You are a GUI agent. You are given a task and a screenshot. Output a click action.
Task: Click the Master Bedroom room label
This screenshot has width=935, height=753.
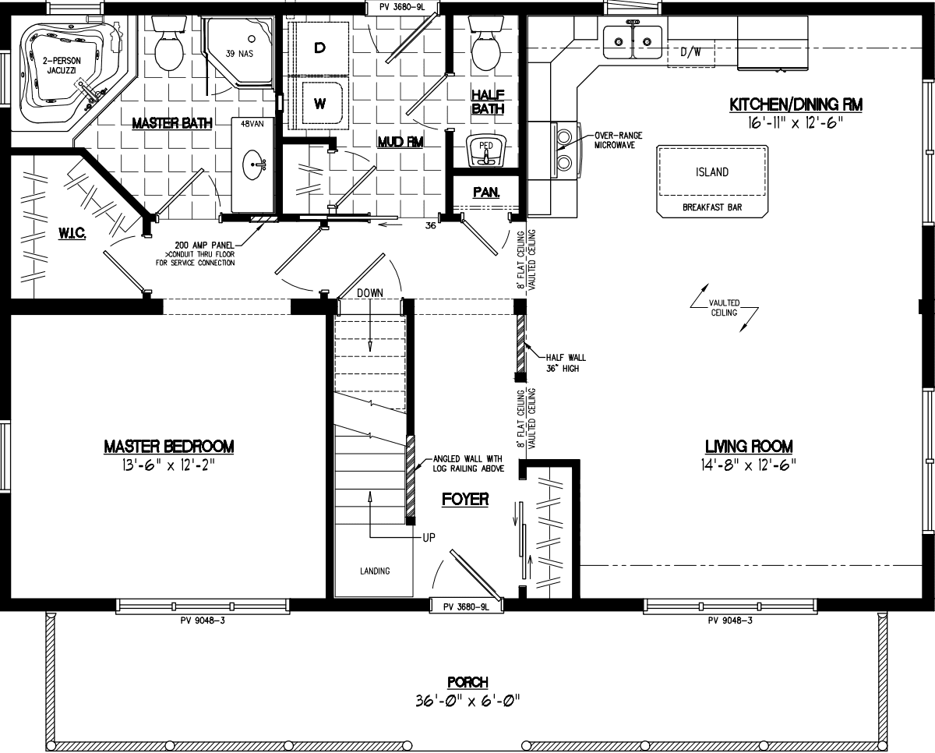(169, 447)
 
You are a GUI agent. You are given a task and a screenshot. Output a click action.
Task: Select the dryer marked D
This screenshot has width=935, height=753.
(319, 48)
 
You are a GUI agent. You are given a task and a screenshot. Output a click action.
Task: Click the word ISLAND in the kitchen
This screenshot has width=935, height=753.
(711, 172)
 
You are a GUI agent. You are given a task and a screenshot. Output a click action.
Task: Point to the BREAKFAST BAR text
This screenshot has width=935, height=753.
(711, 207)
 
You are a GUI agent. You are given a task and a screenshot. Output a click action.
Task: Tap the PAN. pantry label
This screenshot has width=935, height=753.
(486, 192)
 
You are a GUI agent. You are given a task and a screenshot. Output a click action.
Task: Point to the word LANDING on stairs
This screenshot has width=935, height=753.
(375, 571)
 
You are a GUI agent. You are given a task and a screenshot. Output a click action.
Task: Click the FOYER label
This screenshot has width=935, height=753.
(464, 499)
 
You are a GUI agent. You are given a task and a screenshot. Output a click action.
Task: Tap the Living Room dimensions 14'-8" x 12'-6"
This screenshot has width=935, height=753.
(748, 465)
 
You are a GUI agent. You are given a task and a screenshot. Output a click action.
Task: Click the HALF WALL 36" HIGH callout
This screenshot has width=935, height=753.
(556, 362)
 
